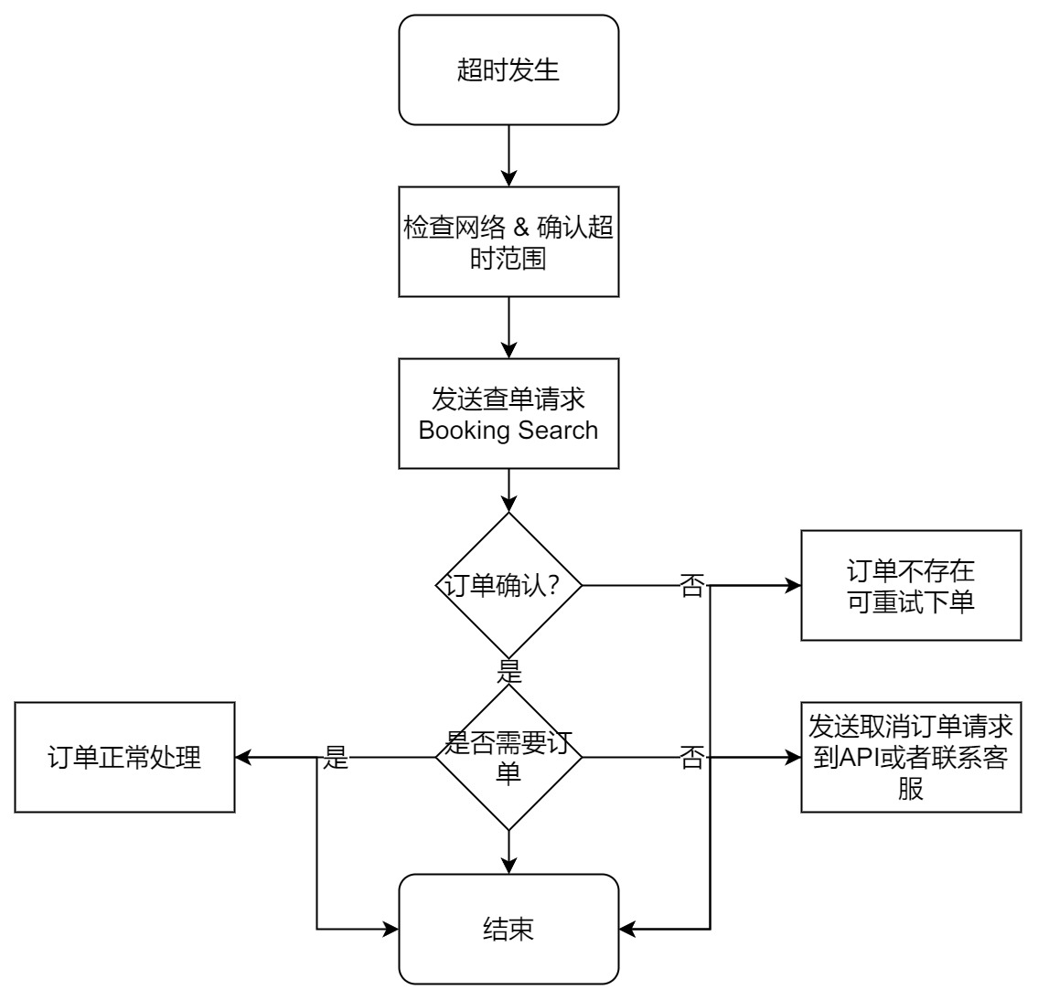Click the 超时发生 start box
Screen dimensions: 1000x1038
click(508, 69)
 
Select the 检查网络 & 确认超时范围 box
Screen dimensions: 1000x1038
click(508, 241)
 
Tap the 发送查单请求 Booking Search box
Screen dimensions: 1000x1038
click(508, 413)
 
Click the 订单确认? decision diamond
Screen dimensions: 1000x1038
click(508, 585)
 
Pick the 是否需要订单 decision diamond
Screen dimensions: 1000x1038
click(508, 757)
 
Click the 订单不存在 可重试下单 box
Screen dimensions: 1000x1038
click(911, 585)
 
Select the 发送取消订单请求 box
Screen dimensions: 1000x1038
click(911, 757)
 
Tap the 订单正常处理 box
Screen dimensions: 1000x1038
click(124, 757)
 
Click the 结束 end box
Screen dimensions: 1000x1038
click(508, 929)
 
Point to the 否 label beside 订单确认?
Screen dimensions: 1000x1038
click(692, 585)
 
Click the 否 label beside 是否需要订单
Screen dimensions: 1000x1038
click(692, 757)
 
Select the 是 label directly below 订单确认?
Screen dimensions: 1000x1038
click(508, 674)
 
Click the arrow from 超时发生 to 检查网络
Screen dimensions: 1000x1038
click(508, 155)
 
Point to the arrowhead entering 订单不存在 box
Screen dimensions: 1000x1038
click(793, 585)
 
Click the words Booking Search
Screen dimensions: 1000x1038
click(508, 430)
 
